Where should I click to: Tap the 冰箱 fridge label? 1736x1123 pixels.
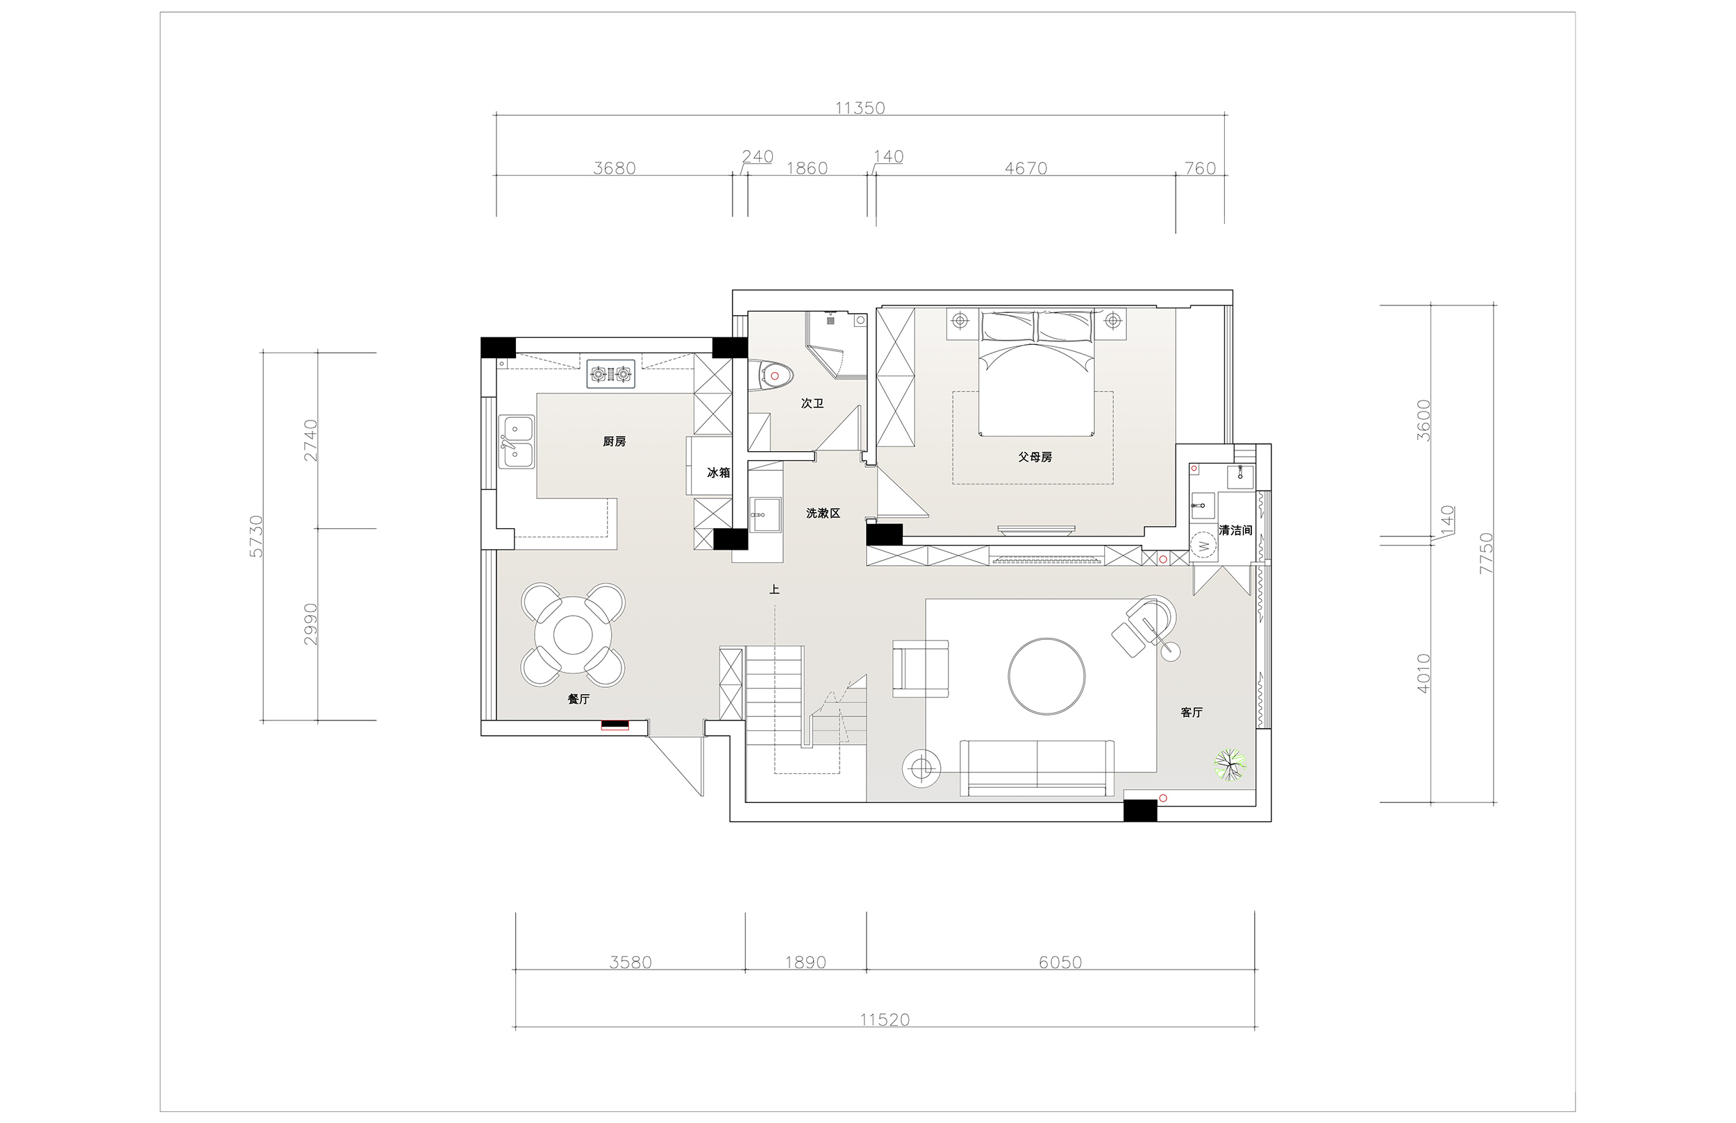[x=719, y=473]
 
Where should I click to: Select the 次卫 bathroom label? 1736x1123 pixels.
[x=812, y=403]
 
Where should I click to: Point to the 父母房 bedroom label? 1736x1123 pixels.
[x=1035, y=457]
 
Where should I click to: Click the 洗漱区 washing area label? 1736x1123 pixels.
[x=823, y=514]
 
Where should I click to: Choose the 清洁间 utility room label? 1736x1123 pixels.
[x=1235, y=530]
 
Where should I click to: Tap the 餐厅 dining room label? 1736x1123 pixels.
[x=578, y=699]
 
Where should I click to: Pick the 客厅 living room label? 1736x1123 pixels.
[x=1191, y=712]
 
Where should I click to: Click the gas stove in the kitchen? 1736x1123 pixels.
[x=610, y=374]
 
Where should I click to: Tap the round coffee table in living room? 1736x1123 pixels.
[x=1046, y=675]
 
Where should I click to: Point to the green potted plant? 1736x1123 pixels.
[x=1230, y=765]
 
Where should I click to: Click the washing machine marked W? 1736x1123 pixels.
[x=1203, y=546]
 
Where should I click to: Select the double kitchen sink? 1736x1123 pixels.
[x=517, y=441]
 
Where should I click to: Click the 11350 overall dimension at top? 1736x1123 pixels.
[x=860, y=108]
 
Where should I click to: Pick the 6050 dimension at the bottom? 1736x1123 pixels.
[x=1060, y=962]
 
